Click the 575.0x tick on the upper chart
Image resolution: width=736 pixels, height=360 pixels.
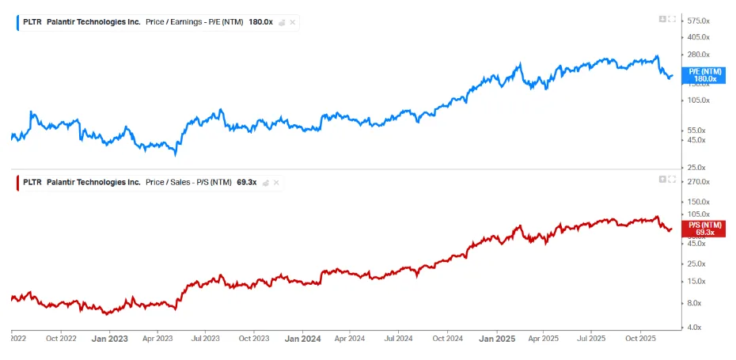698,21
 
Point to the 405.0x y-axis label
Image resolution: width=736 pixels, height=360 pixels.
698,36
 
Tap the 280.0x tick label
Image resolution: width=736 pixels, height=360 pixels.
698,55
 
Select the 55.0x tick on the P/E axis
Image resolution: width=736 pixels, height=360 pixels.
696,130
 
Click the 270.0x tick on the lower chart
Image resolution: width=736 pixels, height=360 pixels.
698,182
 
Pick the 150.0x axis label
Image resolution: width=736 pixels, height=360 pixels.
698,202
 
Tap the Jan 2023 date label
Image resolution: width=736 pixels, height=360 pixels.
109,339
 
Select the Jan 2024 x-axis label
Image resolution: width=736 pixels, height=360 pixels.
303,339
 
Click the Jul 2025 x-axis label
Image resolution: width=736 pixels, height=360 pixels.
590,339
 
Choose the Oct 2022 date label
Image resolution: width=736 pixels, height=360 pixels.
61,339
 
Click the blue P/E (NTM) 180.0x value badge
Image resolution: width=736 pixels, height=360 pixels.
705,75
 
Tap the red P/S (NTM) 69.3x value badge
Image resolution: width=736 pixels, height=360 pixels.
705,229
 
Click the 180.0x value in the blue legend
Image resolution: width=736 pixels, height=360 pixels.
260,22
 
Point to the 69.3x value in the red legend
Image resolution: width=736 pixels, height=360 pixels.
246,182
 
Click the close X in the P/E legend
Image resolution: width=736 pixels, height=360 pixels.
293,22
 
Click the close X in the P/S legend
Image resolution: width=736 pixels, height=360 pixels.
276,182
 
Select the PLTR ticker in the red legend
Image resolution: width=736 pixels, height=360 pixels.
32,182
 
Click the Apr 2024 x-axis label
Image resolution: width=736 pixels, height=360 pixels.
349,339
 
